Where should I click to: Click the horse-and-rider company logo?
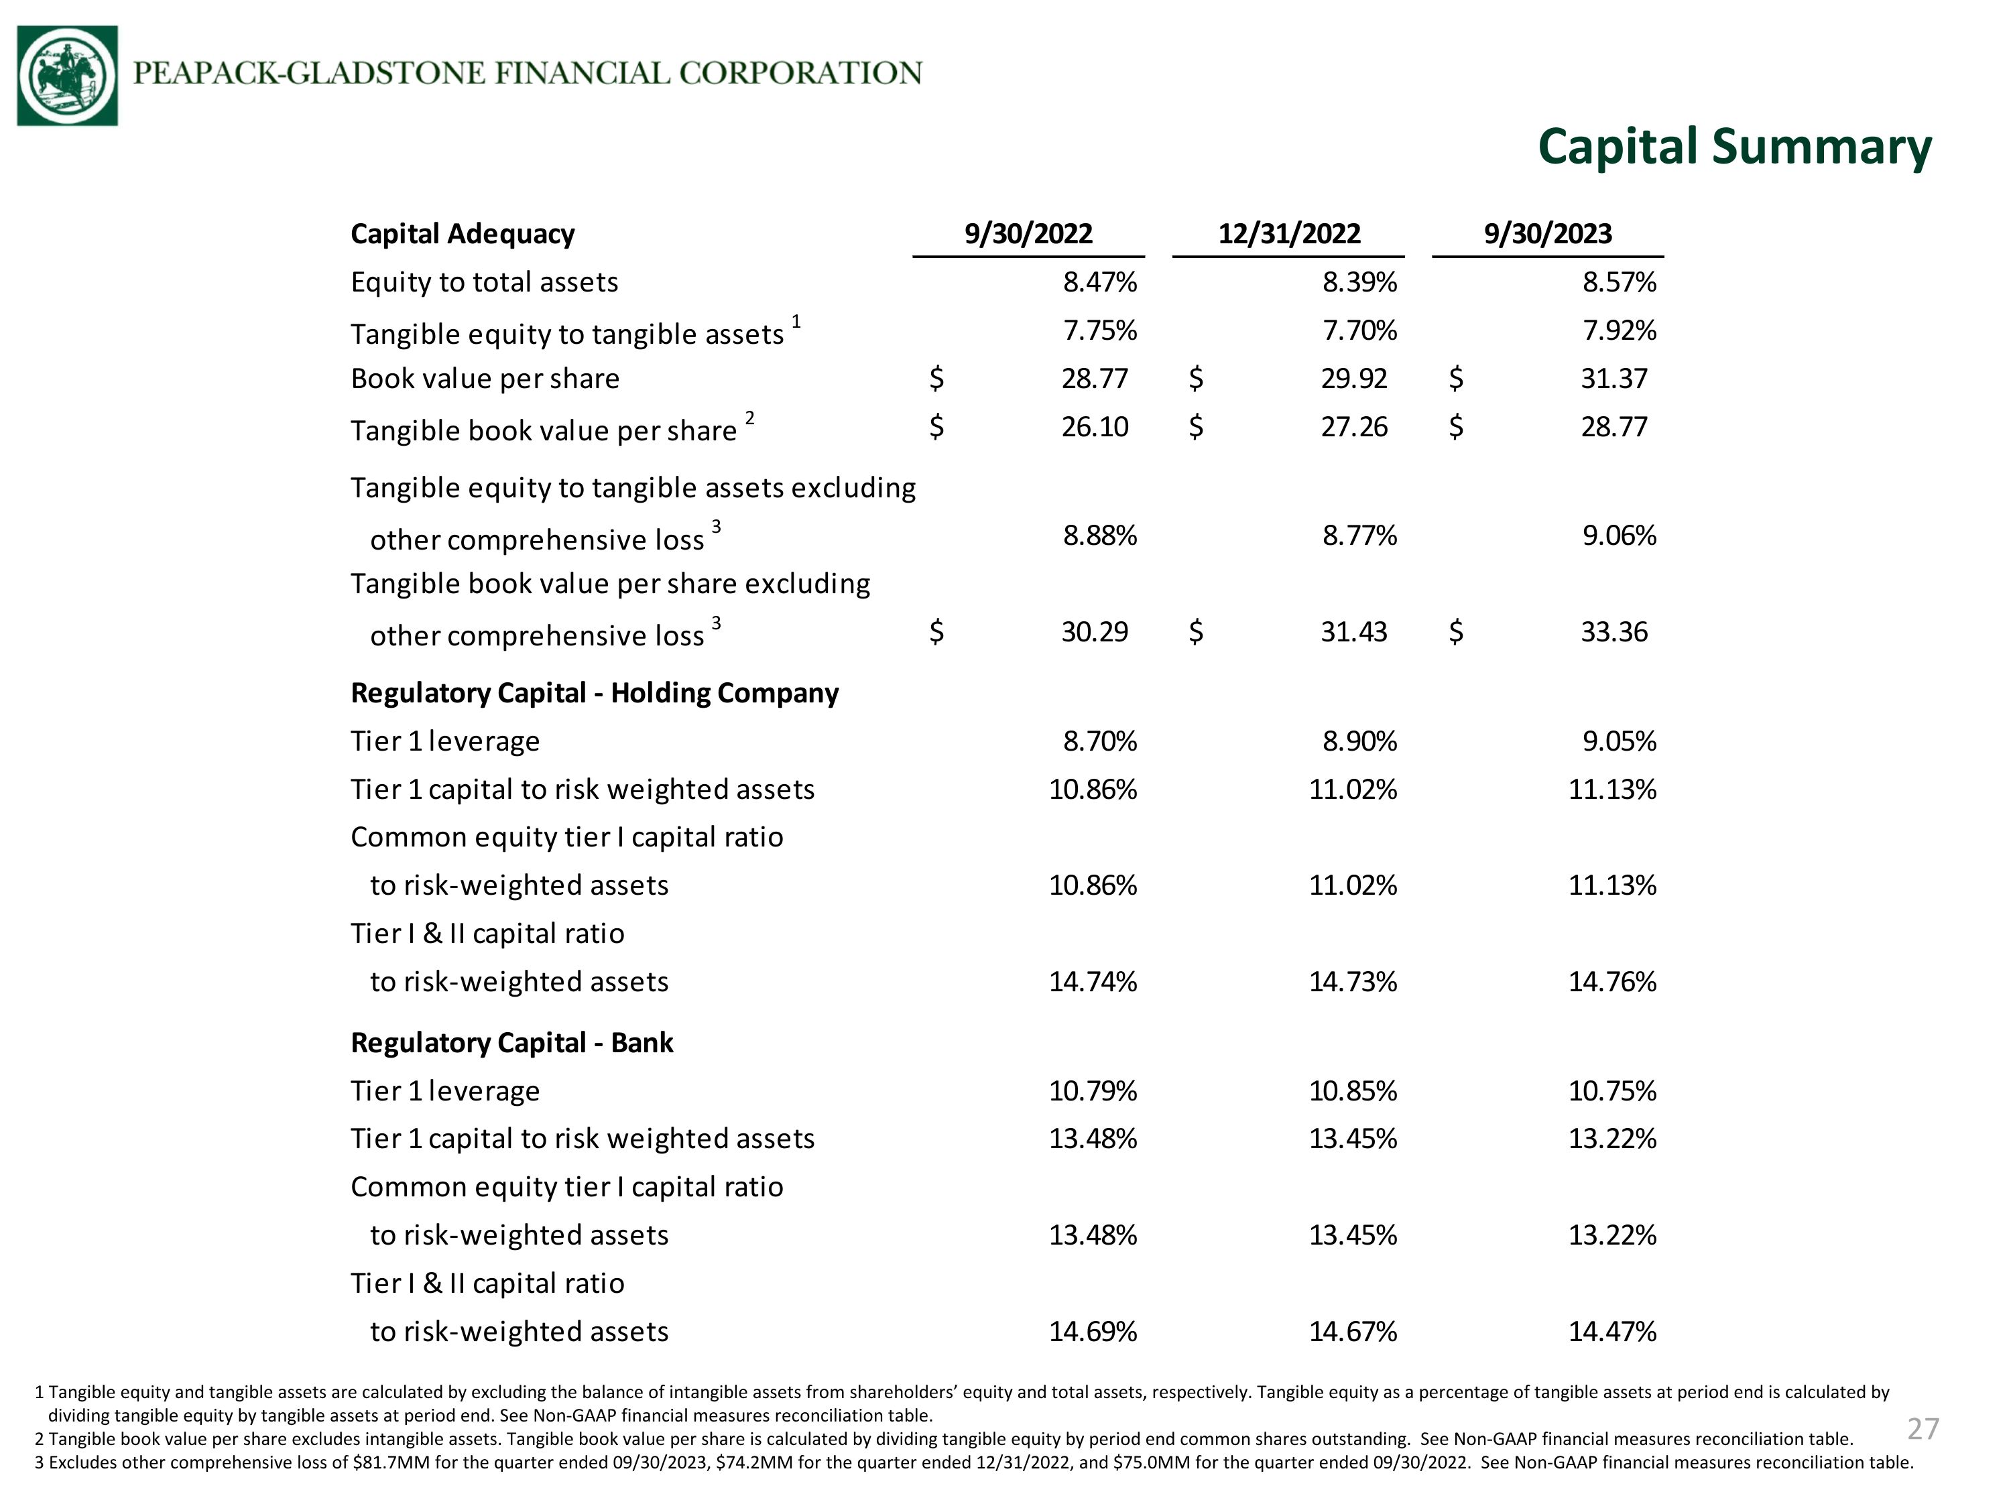67,76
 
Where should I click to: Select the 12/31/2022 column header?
1289,234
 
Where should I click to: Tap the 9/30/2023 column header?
1548,234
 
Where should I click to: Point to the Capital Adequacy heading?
463,235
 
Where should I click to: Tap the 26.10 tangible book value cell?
1095,426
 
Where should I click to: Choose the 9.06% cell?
1619,536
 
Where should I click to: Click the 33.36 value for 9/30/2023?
1613,632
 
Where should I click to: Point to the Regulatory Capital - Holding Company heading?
595,694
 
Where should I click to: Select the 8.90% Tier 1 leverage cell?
1360,742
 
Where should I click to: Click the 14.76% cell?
1613,982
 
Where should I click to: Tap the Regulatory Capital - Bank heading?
512,1043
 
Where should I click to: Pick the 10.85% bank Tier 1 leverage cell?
1353,1090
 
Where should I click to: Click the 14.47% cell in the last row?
1613,1332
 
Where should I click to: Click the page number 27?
1923,1429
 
